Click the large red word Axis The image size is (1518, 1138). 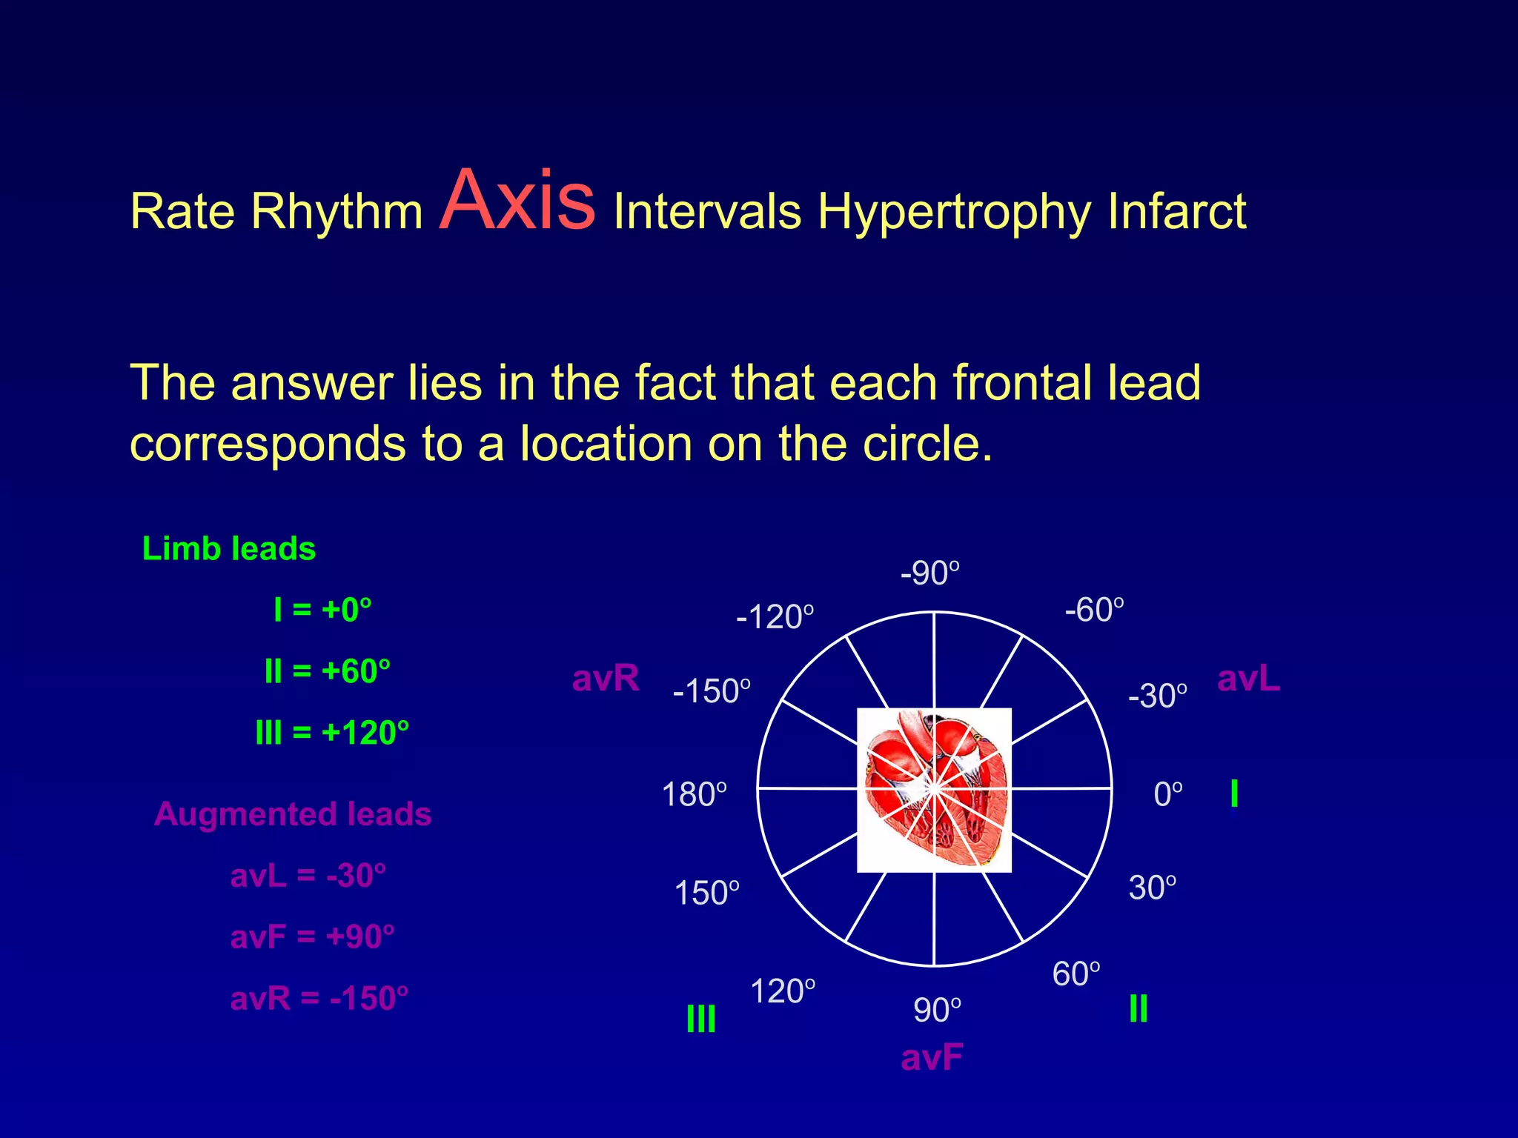(x=517, y=202)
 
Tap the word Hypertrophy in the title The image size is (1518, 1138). (x=954, y=213)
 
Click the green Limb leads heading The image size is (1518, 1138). (x=229, y=549)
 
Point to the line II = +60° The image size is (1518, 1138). (x=327, y=671)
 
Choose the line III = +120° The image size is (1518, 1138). (x=332, y=733)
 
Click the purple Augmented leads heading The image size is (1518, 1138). (x=293, y=813)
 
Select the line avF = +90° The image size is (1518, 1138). (x=312, y=936)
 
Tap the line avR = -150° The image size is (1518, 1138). (x=319, y=998)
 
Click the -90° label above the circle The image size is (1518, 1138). (x=929, y=573)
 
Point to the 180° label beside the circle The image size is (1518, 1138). (x=694, y=794)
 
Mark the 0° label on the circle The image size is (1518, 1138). (x=1168, y=794)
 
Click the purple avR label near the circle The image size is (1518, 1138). (x=606, y=678)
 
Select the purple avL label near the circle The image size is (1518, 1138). (x=1248, y=678)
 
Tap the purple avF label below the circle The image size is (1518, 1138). (x=932, y=1057)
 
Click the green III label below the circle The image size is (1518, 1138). (x=700, y=1019)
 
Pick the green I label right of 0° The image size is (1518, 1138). (x=1233, y=793)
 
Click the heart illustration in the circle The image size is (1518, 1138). (x=934, y=790)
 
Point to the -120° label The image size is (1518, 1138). (x=775, y=617)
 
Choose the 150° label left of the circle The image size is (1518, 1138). (x=706, y=893)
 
